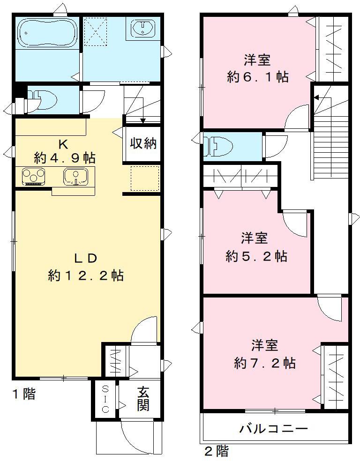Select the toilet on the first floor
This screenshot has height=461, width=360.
(45, 99)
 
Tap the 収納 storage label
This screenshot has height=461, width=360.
(142, 144)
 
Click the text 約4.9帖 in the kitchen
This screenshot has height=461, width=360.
(64, 157)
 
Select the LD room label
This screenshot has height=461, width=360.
(85, 258)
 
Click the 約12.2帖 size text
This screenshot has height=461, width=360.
(85, 276)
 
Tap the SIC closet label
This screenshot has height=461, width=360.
(105, 398)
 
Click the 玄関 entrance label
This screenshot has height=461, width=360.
(143, 399)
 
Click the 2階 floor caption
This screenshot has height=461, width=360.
(216, 452)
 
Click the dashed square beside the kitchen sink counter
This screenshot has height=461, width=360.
(144, 178)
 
